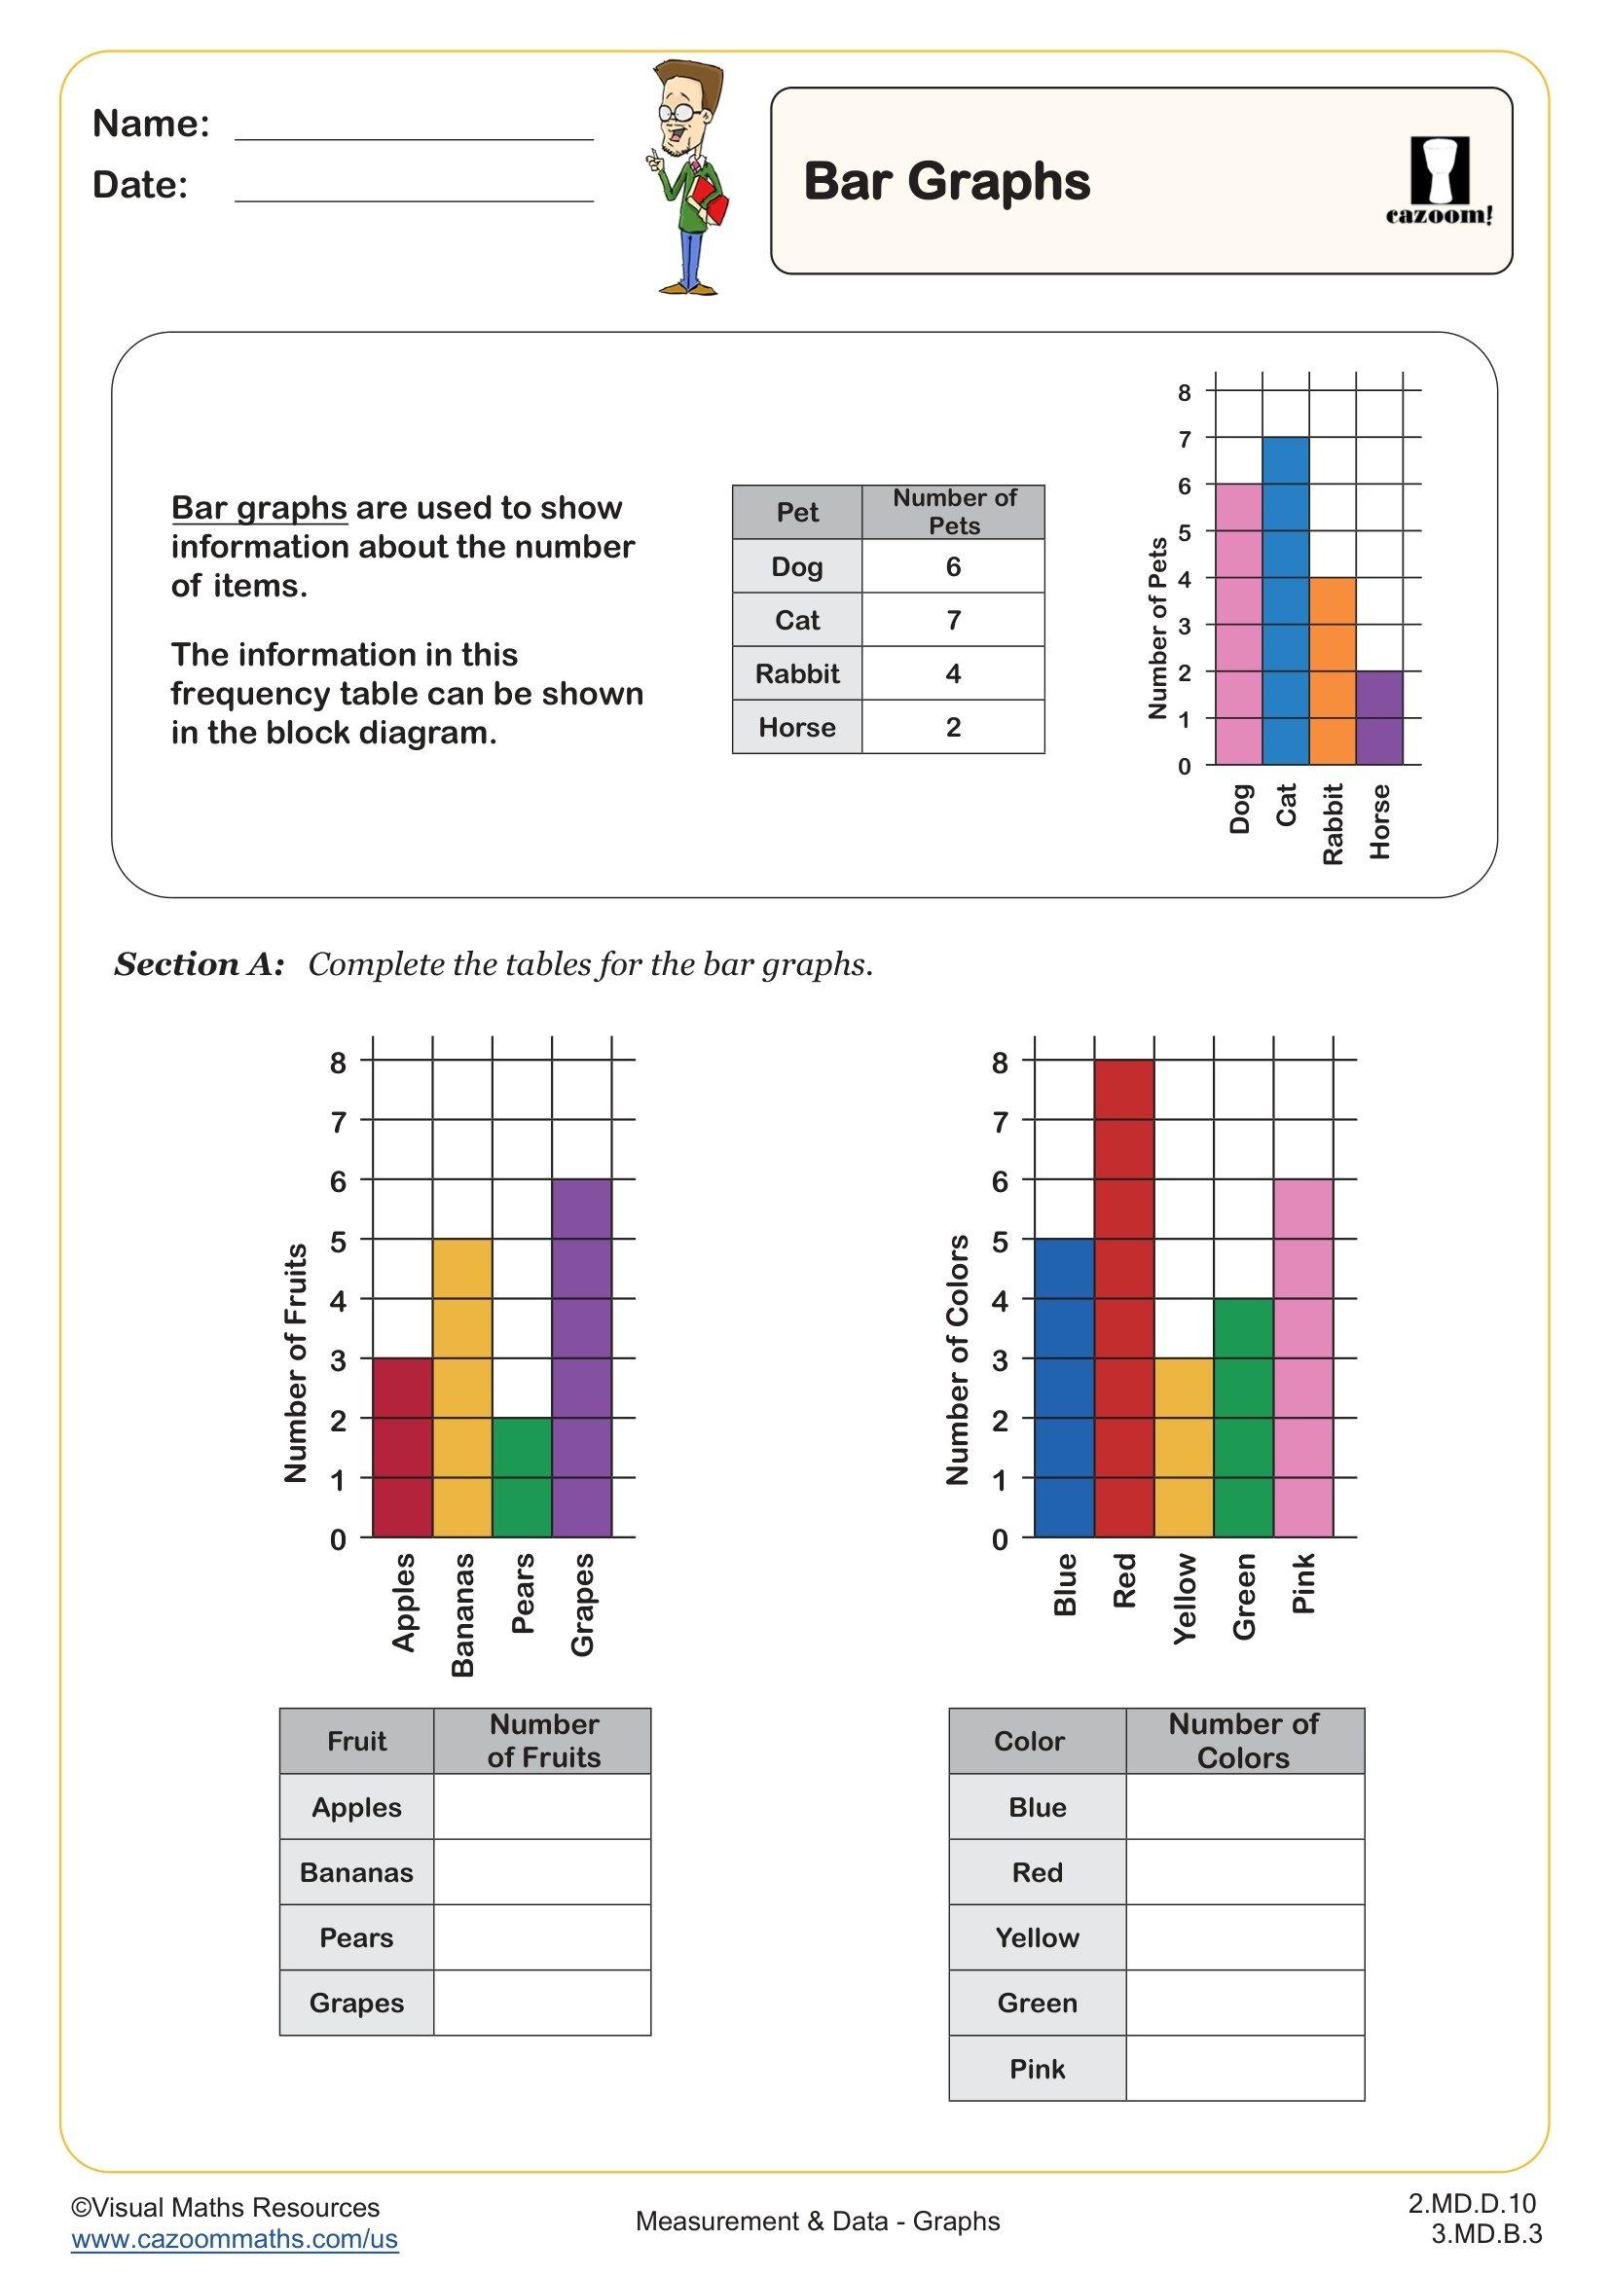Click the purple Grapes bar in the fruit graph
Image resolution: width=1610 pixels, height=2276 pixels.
pos(581,1358)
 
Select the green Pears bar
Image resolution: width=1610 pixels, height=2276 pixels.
pos(522,1477)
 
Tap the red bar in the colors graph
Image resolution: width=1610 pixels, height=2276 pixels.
pos(1123,1299)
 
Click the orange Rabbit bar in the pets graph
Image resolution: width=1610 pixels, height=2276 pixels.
pos(1332,671)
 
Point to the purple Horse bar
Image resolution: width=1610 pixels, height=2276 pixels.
pos(1378,718)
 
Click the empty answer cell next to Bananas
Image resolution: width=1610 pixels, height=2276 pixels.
pos(541,1871)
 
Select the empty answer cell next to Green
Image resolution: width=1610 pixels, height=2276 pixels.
pos(1244,2003)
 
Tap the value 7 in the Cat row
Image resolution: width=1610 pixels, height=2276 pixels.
pos(953,621)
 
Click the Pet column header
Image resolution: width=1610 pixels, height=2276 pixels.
pos(797,513)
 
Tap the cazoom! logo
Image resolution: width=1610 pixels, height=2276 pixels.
pos(1439,181)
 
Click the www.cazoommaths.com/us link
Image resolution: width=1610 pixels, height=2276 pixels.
pos(234,2239)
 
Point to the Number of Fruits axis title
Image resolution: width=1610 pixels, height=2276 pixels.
pos(296,1363)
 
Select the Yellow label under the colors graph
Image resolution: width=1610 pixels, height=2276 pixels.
pos(1185,1599)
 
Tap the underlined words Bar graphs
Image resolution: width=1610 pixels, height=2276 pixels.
pos(259,508)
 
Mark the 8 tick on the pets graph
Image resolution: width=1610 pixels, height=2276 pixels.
pos(1184,392)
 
